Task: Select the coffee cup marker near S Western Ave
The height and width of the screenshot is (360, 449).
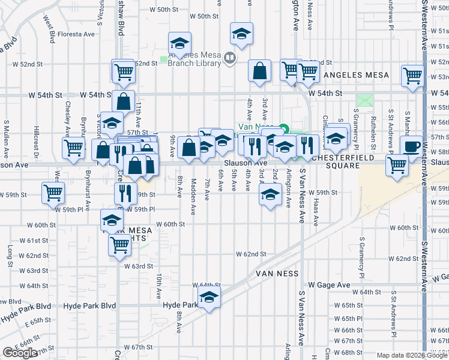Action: (x=412, y=147)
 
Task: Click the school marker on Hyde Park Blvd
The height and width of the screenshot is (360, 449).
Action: (x=209, y=297)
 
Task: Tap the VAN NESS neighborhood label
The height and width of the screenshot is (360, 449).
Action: (x=277, y=273)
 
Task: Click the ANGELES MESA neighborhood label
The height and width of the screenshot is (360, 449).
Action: (x=357, y=75)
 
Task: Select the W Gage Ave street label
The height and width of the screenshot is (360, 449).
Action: (x=329, y=285)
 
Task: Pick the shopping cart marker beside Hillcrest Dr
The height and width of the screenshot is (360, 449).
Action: (x=73, y=147)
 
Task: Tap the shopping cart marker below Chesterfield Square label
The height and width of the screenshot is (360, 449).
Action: (x=397, y=165)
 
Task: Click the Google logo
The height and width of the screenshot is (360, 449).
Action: (x=19, y=353)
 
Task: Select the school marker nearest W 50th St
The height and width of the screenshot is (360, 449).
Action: (x=241, y=35)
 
